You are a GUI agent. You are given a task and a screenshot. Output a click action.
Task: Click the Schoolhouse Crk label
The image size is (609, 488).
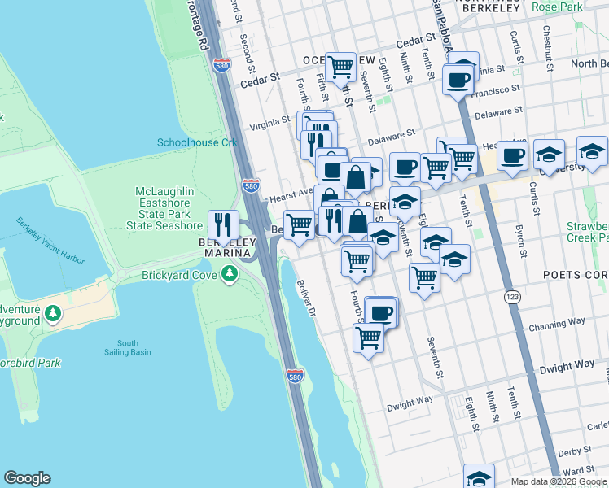point(196,142)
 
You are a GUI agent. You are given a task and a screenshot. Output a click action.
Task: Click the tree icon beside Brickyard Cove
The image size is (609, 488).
point(230,276)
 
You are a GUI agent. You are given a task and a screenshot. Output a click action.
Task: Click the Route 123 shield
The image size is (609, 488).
point(512,294)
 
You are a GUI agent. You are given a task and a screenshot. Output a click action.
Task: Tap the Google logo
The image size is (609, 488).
point(27,478)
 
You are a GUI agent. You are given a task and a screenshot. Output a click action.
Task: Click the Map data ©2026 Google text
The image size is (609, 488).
point(559,481)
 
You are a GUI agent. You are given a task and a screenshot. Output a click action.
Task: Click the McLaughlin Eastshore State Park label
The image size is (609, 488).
point(169,208)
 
